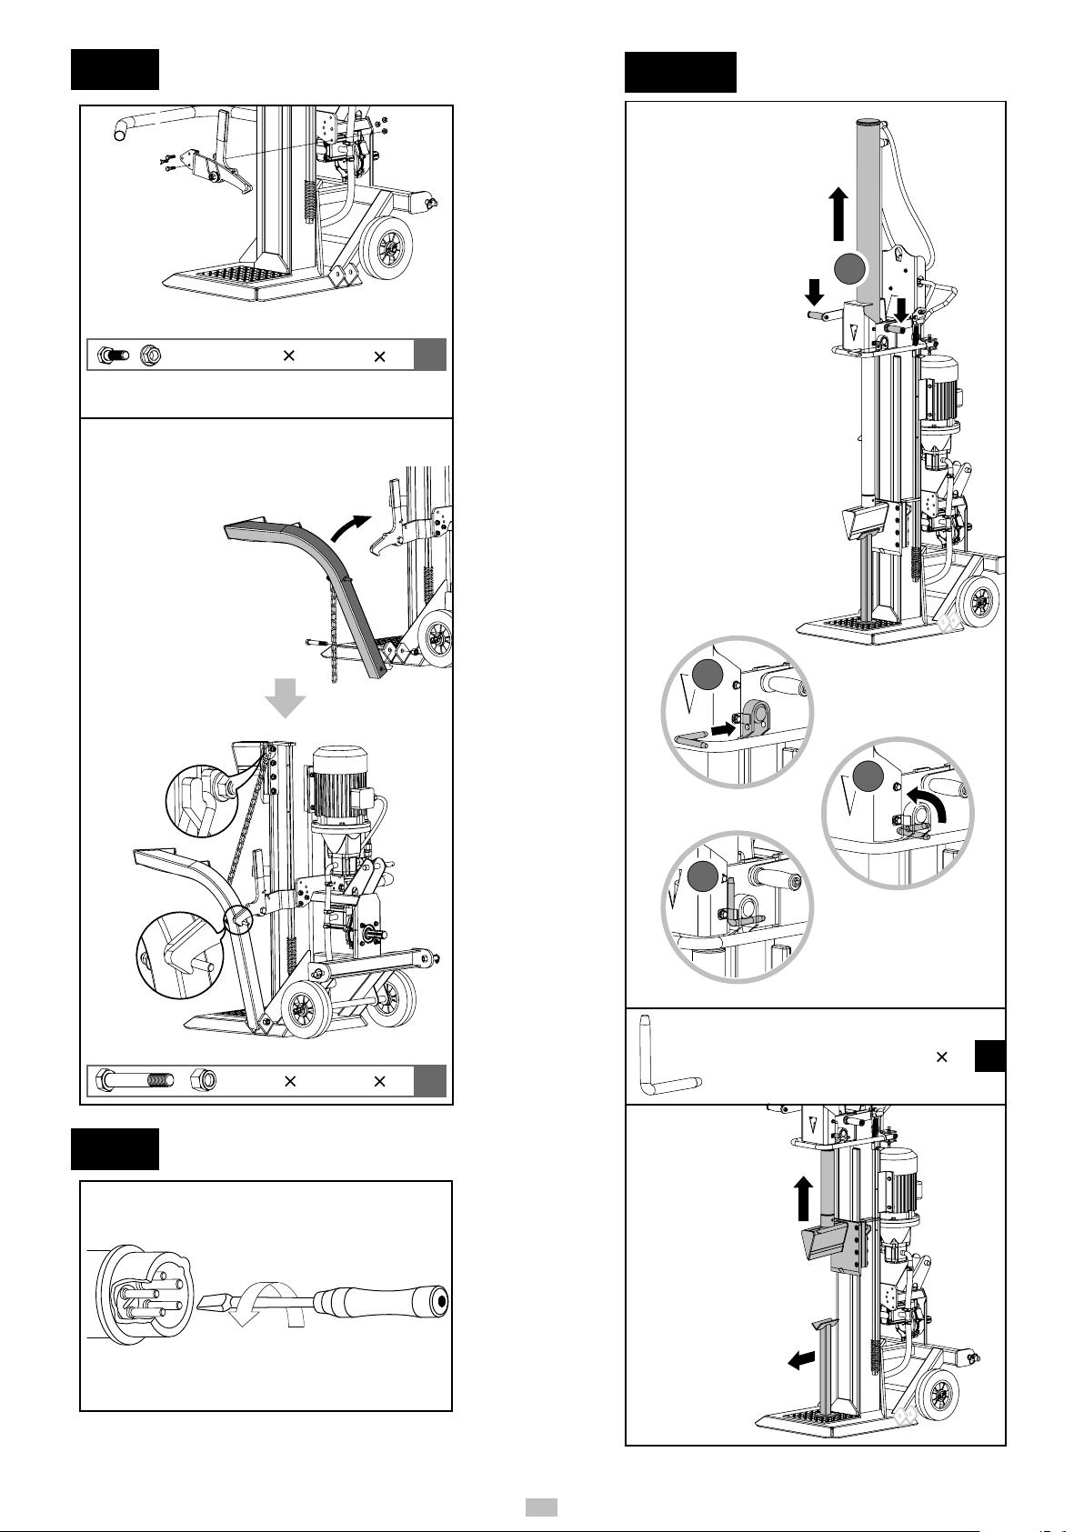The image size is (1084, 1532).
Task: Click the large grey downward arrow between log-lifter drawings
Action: [x=285, y=698]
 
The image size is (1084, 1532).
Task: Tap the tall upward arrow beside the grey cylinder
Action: [x=838, y=214]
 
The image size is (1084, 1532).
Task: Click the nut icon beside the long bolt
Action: [x=202, y=1081]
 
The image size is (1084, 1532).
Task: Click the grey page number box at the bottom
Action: [x=543, y=1507]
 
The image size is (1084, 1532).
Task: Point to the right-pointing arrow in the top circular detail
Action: [x=725, y=727]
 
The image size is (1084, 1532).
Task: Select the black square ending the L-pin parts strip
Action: [x=989, y=1056]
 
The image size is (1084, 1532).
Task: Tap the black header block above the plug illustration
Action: [x=115, y=1149]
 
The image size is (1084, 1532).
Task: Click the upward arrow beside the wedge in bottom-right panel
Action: [x=802, y=1199]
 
